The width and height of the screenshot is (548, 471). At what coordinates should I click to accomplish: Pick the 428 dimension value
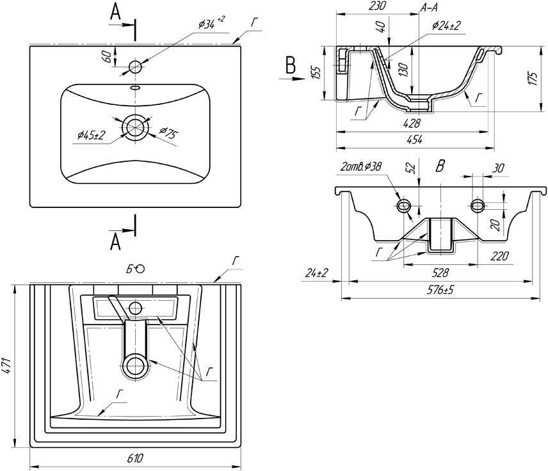(x=412, y=123)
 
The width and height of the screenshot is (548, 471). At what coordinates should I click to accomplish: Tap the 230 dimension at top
(x=378, y=6)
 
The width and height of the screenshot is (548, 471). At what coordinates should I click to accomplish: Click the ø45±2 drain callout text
(x=91, y=135)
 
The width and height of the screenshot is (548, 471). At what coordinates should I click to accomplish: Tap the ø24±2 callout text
(x=447, y=26)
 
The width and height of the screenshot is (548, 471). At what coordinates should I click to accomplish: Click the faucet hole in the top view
(x=135, y=66)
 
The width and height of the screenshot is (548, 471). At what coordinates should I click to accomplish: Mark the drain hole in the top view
(x=135, y=127)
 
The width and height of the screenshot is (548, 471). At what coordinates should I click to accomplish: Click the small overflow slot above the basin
(x=135, y=88)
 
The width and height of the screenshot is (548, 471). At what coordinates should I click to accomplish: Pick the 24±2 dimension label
(x=316, y=273)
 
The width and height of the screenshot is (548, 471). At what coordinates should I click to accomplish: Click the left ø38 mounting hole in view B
(x=405, y=205)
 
